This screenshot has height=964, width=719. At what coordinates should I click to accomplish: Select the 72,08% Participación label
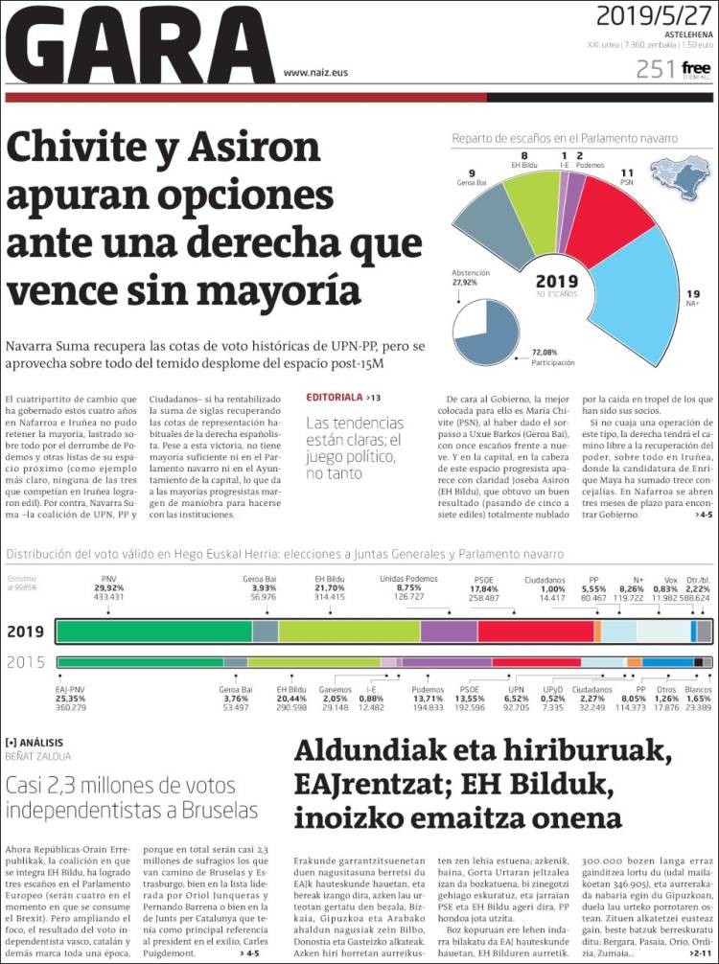[x=553, y=358]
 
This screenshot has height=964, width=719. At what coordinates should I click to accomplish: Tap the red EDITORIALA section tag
[x=335, y=397]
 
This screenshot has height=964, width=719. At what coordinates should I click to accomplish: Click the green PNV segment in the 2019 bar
[x=153, y=631]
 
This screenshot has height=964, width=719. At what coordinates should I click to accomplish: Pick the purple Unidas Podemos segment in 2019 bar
[x=449, y=631]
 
